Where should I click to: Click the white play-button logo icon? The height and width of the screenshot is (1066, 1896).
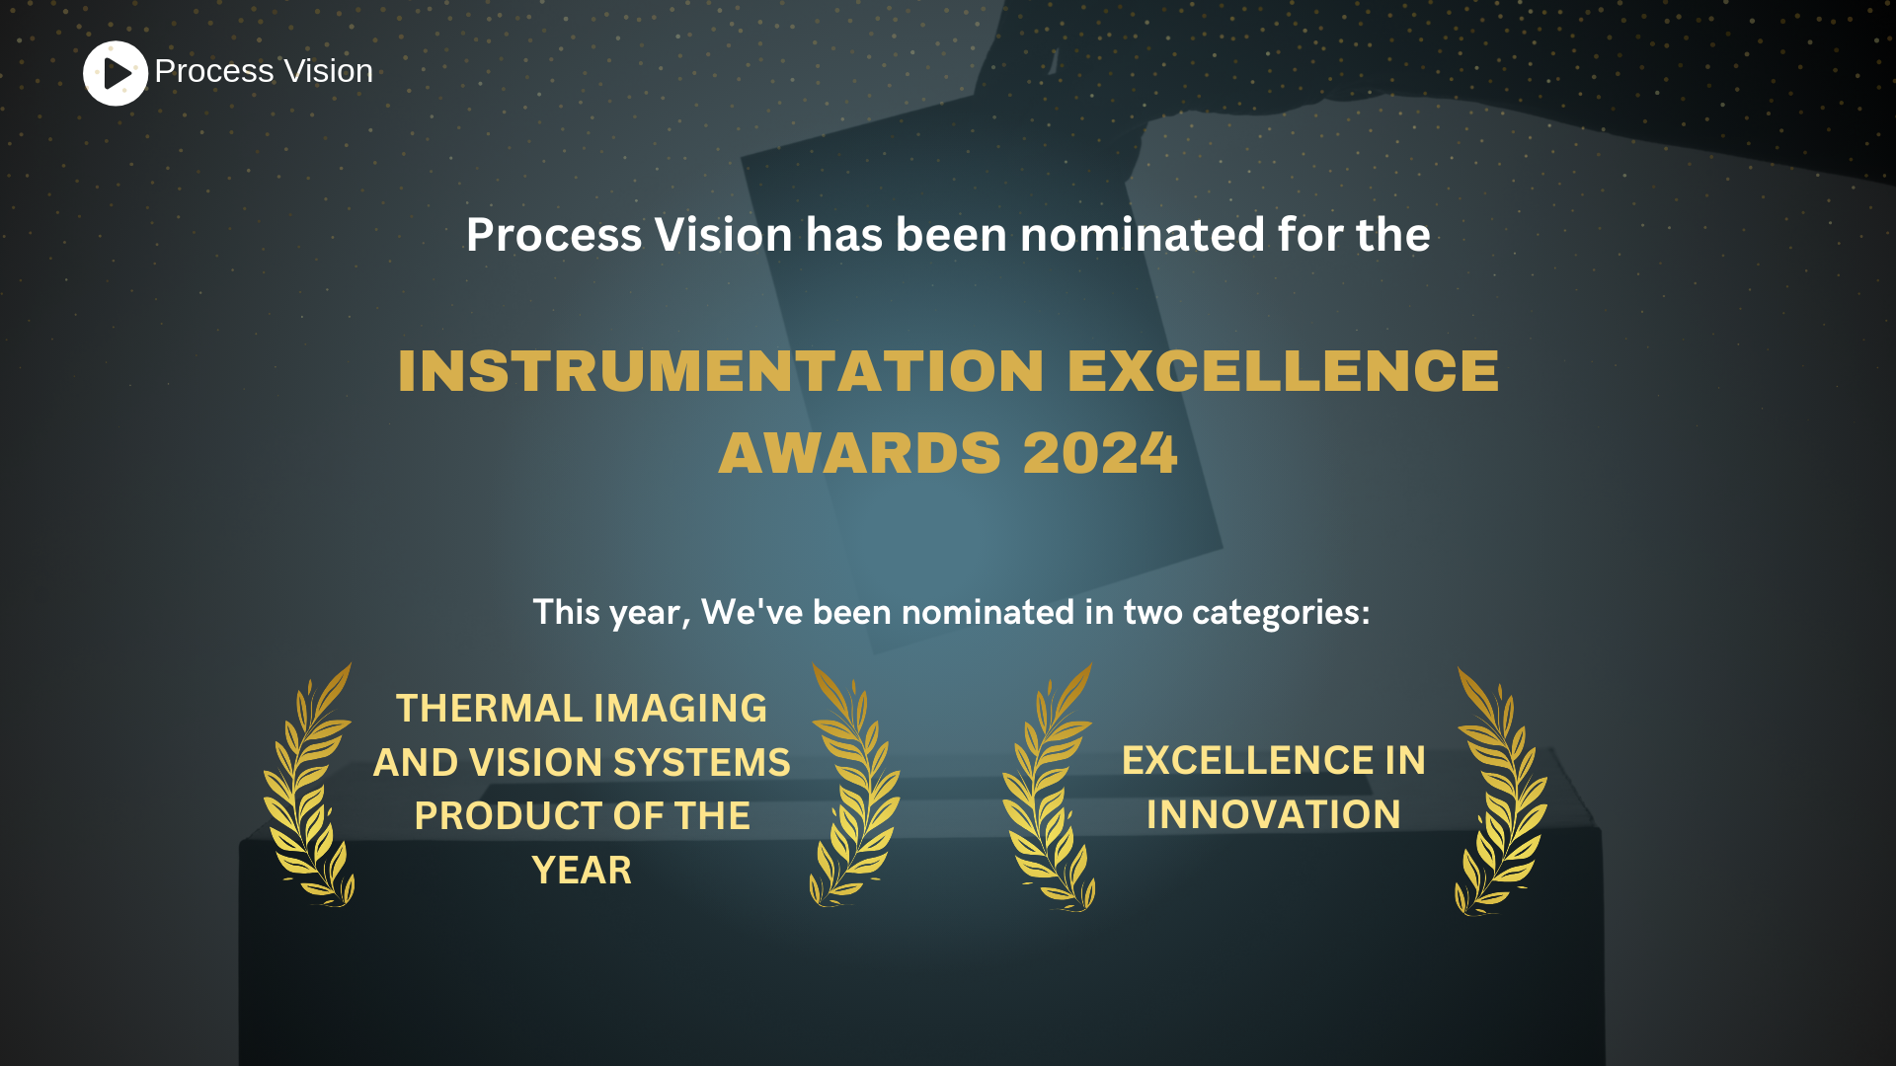tap(116, 73)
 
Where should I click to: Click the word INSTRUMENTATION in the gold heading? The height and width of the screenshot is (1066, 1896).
tap(720, 371)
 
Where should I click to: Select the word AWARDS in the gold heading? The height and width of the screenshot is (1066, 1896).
tap(859, 453)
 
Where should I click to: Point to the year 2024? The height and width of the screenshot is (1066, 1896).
tap(1099, 453)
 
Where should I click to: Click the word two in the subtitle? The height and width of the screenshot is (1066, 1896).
tap(1152, 613)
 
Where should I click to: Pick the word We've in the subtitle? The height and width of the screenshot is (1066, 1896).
tap(751, 613)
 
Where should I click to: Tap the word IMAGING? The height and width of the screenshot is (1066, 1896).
tap(680, 709)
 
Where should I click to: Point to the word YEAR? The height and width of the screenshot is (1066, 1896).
tap(582, 871)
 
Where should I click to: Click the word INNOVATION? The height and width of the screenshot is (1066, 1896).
tap(1273, 815)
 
